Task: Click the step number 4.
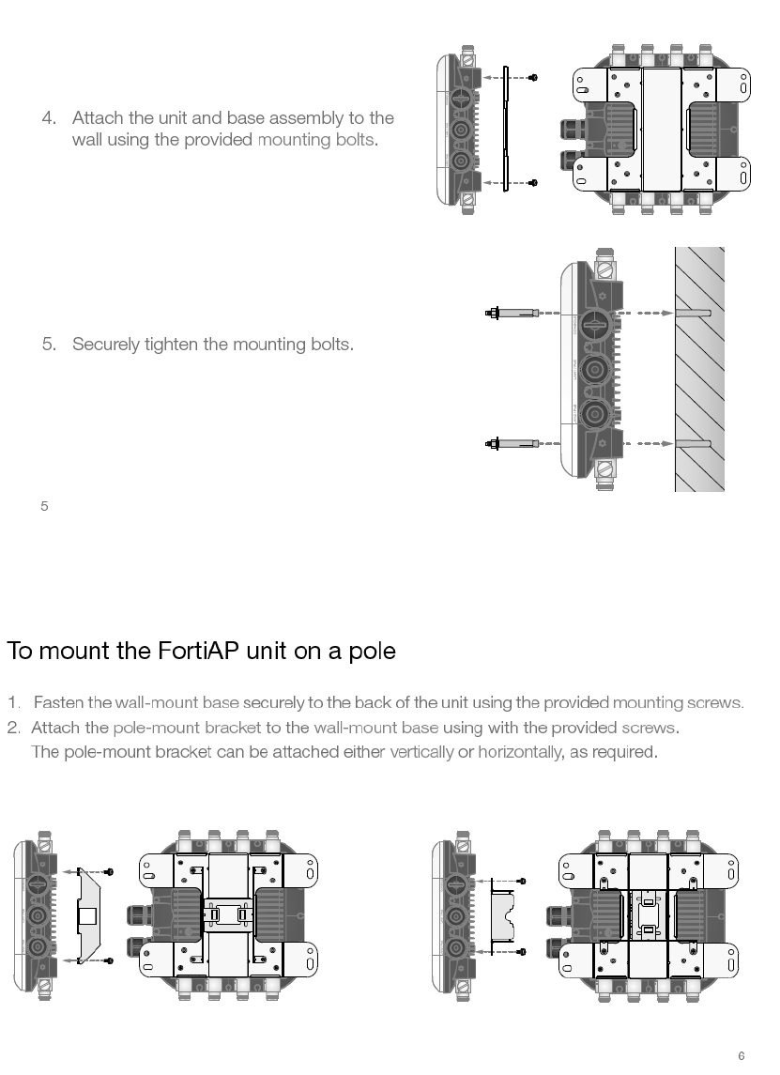(x=49, y=118)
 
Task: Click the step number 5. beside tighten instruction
(x=49, y=344)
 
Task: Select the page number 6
(x=741, y=1056)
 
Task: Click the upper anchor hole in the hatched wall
(x=693, y=312)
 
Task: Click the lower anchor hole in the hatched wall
(x=693, y=443)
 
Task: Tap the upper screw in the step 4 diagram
(x=532, y=77)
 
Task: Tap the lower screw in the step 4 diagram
(x=532, y=182)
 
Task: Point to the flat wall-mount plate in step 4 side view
(x=505, y=129)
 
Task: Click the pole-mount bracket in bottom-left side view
(x=85, y=915)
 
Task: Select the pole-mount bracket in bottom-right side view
(x=505, y=915)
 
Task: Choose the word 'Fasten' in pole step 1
(x=58, y=703)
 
